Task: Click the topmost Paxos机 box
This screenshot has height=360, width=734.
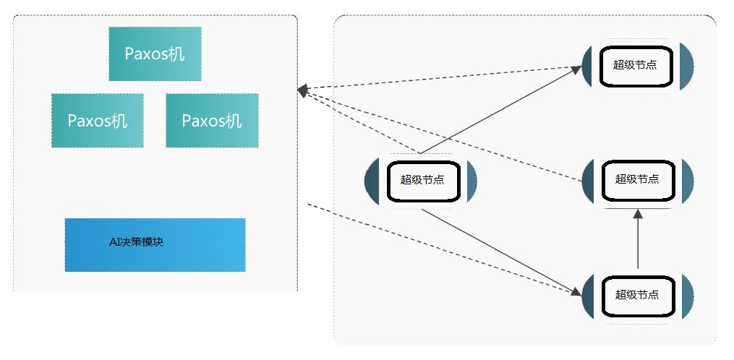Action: point(155,54)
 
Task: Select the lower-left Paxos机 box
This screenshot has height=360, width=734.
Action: point(97,121)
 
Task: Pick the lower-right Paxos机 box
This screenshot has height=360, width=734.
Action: point(212,121)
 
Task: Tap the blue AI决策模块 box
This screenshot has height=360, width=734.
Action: point(155,244)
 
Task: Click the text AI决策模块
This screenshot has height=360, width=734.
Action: point(136,242)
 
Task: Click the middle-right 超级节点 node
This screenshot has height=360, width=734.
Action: point(637,179)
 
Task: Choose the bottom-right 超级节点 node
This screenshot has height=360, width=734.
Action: point(637,295)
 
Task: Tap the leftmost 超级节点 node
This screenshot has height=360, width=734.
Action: point(422,180)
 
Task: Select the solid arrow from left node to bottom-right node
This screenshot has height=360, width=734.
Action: point(499,252)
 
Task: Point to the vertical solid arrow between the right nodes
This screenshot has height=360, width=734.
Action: point(638,242)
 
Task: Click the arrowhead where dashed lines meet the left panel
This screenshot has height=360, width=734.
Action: point(303,90)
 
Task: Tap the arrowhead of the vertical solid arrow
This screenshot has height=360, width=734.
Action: point(638,214)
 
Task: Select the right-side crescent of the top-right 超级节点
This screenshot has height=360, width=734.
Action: point(686,65)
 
